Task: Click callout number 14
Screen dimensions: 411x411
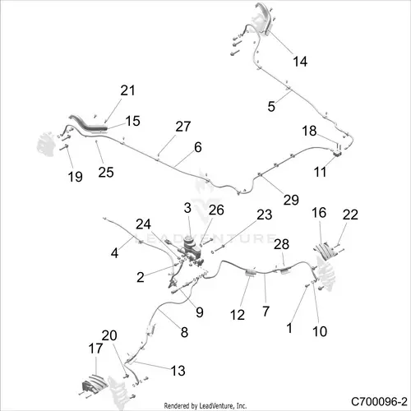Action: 300,62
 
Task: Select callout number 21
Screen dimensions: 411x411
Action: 127,90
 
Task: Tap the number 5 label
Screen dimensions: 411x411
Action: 271,106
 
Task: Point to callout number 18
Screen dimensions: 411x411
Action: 309,131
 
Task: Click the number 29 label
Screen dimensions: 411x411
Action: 291,200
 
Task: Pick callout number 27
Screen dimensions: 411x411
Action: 183,127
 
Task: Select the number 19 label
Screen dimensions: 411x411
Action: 76,177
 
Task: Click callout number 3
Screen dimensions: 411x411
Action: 187,208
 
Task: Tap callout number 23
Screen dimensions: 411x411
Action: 265,215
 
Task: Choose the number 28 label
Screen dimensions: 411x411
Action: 281,244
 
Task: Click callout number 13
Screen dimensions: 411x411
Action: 178,371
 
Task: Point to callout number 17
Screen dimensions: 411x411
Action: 95,349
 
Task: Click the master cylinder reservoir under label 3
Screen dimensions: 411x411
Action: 189,242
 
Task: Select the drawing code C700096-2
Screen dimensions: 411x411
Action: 379,402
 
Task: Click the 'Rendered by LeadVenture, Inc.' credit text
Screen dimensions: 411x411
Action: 205,405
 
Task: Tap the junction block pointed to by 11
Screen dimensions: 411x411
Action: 337,153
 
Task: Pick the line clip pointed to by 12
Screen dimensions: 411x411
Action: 251,273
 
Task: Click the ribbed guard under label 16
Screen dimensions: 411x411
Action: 326,251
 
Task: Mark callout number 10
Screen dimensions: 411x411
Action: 320,331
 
